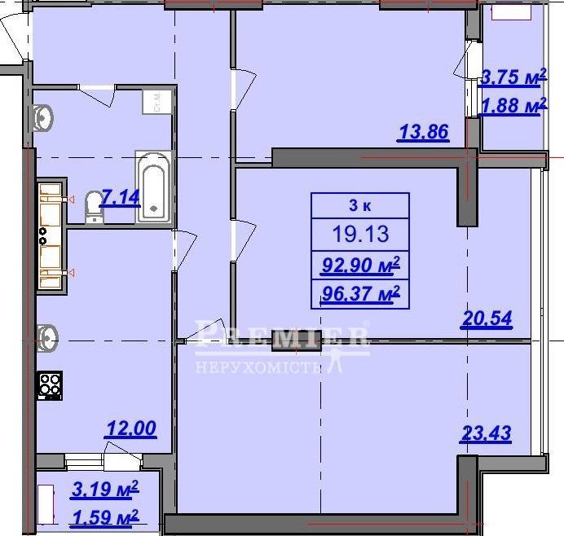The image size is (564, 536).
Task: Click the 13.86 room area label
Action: point(424,132)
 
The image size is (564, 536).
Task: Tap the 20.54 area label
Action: point(487,319)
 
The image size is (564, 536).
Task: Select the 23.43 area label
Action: point(486,433)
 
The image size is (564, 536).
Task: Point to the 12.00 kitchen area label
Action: point(131,428)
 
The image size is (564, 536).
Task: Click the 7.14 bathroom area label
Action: point(120,197)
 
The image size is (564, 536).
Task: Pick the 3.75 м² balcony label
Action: point(513,77)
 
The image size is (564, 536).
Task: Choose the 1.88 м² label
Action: point(513,105)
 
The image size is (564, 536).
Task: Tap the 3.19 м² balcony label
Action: point(105,489)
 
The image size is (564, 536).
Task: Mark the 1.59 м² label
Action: point(105,517)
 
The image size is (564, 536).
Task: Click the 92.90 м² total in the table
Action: point(360,266)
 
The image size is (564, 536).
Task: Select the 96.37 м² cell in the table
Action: point(360,294)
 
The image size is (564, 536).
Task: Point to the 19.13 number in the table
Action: point(360,234)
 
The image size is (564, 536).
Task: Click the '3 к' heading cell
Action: point(360,205)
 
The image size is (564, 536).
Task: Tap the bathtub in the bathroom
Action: point(153,187)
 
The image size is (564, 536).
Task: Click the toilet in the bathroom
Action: point(95,207)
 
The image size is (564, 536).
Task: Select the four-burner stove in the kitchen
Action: point(50,385)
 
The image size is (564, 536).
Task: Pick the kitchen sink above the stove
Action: point(47,338)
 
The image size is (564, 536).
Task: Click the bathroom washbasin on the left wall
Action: point(43,118)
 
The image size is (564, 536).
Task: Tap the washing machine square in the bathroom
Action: point(156,102)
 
